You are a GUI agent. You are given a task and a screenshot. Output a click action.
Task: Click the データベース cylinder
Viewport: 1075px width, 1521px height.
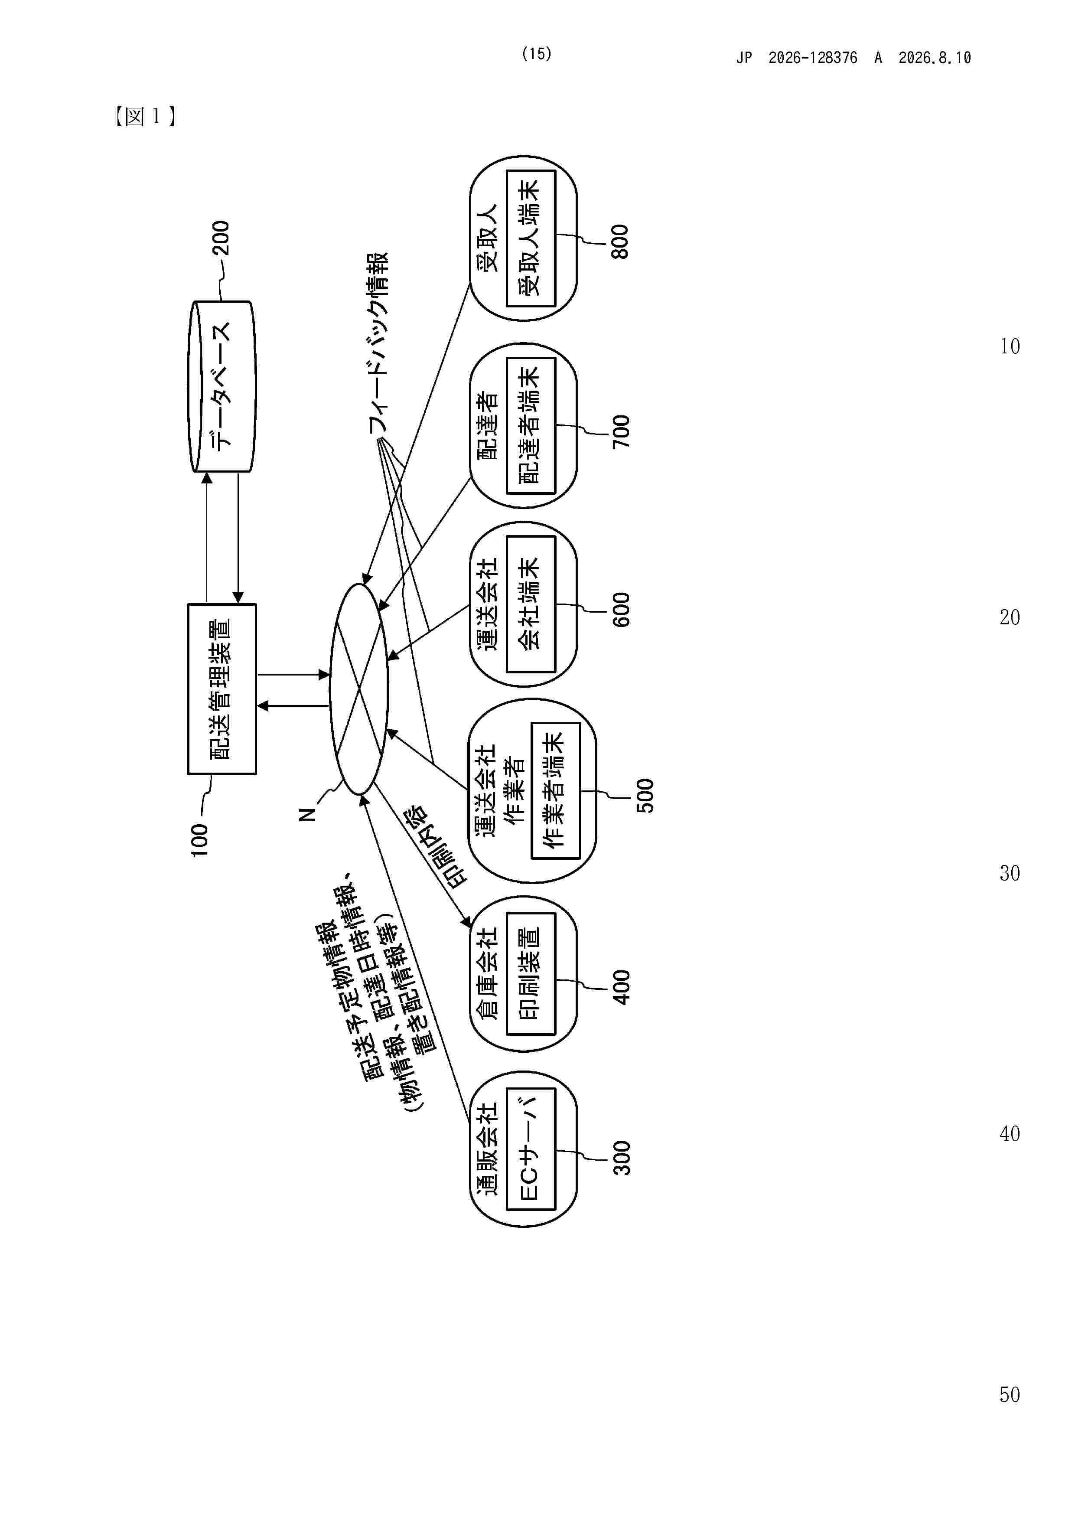coord(222,387)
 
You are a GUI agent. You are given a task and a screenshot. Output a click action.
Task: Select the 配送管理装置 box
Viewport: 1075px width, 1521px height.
coord(222,689)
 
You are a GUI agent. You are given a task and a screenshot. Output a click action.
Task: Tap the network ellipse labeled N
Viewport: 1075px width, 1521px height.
coord(358,689)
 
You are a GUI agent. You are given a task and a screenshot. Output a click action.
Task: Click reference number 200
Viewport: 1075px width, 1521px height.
coord(221,238)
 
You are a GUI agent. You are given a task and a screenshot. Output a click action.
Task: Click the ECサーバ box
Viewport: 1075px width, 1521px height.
coord(531,1149)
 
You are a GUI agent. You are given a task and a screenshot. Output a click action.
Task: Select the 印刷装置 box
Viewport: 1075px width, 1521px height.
coord(531,973)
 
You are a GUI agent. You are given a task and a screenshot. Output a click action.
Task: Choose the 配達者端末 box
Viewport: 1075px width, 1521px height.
coord(531,425)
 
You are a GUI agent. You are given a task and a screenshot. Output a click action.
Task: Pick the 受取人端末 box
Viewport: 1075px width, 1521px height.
coord(531,238)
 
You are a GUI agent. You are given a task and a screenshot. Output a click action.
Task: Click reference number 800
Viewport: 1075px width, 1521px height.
coord(620,242)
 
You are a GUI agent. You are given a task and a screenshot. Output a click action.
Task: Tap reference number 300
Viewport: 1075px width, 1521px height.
coord(621,1158)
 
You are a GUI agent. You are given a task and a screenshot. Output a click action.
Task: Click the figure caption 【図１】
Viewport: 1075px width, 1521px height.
coord(145,117)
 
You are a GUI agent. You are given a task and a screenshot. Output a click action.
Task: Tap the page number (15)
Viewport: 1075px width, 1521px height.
coord(537,54)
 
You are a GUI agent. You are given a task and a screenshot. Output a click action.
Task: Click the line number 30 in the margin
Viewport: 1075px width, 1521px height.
coord(1010,873)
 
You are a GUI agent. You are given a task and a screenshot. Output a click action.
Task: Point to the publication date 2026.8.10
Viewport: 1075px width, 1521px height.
coord(935,58)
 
